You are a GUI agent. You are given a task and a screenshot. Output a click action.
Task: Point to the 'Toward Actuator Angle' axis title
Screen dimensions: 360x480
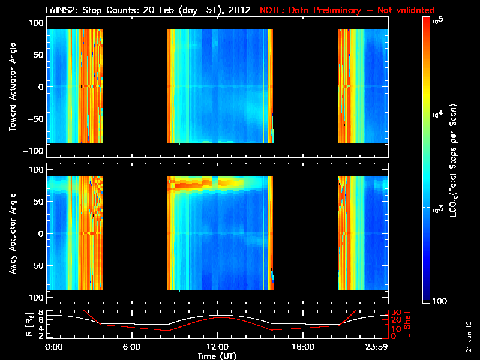pyautogui.click(x=11, y=87)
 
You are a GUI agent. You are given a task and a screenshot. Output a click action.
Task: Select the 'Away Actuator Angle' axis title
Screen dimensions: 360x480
pyautogui.click(x=11, y=234)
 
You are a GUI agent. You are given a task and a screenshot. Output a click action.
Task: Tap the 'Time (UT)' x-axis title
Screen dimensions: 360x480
pyautogui.click(x=217, y=356)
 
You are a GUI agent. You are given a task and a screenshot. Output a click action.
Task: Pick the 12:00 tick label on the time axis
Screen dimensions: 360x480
pyautogui.click(x=217, y=347)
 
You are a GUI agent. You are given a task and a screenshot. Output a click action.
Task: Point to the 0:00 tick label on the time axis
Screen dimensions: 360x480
pyautogui.click(x=54, y=347)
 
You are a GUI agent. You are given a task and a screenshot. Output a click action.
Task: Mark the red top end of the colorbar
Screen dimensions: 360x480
pyautogui.click(x=427, y=20)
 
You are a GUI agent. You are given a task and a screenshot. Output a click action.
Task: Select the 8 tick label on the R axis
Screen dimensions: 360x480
pyautogui.click(x=41, y=313)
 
